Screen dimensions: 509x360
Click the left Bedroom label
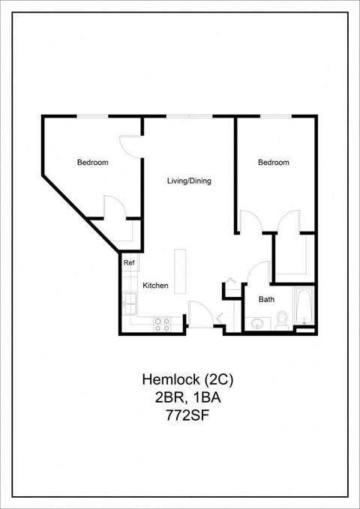click(93, 163)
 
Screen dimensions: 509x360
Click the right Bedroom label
click(274, 163)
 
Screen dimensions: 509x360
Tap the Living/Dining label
click(188, 181)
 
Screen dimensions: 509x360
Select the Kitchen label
click(155, 286)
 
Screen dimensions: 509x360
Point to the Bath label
click(266, 299)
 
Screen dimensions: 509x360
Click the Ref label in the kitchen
click(129, 263)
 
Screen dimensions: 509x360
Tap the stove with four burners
click(162, 324)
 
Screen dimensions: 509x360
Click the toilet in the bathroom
click(282, 320)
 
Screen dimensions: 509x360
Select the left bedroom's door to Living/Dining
click(130, 145)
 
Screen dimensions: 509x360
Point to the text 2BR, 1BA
click(180, 397)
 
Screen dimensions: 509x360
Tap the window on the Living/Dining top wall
click(189, 116)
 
